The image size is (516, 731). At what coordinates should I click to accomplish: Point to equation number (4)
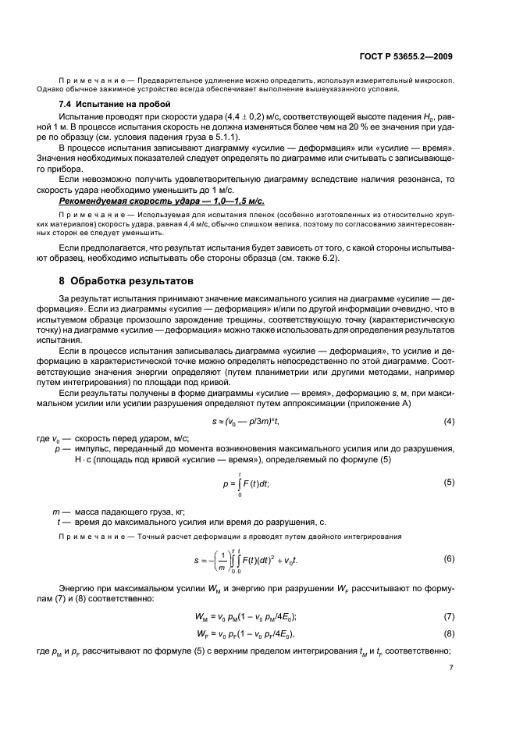click(449, 422)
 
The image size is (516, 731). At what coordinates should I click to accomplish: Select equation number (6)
click(449, 559)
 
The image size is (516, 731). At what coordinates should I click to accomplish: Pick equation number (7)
click(449, 615)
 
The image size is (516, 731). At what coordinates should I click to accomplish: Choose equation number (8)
click(449, 631)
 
